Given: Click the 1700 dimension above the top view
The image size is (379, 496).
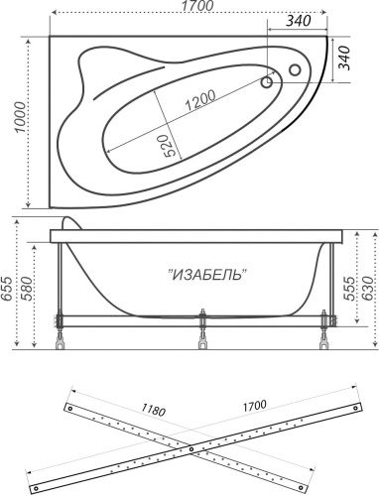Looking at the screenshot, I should coord(189,10).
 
